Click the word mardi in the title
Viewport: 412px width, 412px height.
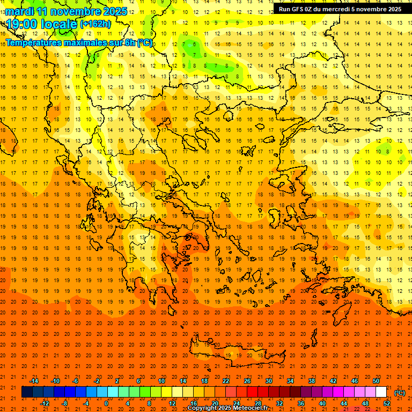tap(19, 11)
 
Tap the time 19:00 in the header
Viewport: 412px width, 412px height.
tap(24, 24)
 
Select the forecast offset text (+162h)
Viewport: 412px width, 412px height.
tap(95, 24)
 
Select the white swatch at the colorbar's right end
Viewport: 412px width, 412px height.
tap(381, 392)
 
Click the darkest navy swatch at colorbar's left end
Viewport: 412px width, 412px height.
tap(27, 392)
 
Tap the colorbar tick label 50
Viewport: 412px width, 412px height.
tap(376, 381)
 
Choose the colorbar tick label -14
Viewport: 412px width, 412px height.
tap(34, 381)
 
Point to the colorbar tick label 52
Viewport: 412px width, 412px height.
tap(386, 403)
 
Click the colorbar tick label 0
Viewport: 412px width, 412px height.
tap(106, 403)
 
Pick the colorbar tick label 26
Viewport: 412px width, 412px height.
tap(247, 381)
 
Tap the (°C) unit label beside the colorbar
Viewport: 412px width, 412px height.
tap(400, 393)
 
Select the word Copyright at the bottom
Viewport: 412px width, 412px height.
tap(204, 408)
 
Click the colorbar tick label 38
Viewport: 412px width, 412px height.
tap(312, 381)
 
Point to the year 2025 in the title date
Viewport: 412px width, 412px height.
tap(114, 11)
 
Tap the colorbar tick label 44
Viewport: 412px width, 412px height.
tap(343, 403)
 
